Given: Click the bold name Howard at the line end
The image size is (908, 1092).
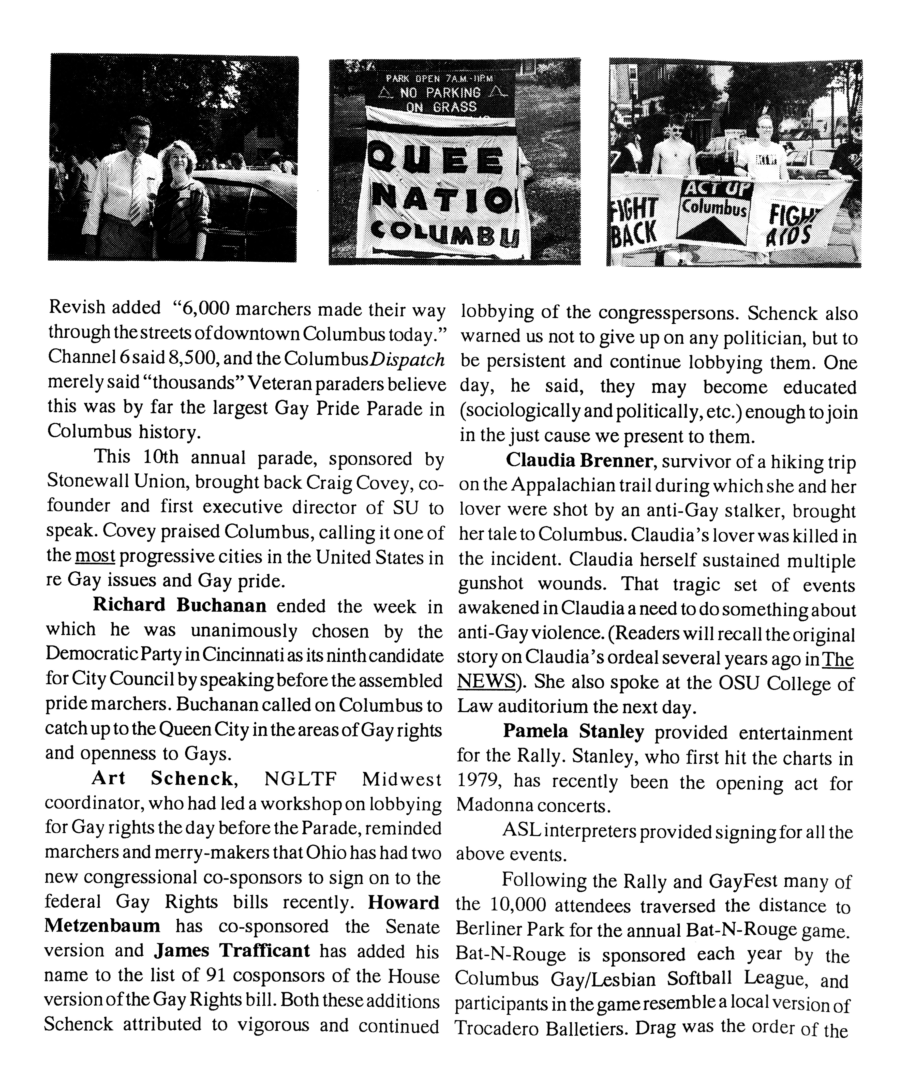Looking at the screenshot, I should click(403, 902).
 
